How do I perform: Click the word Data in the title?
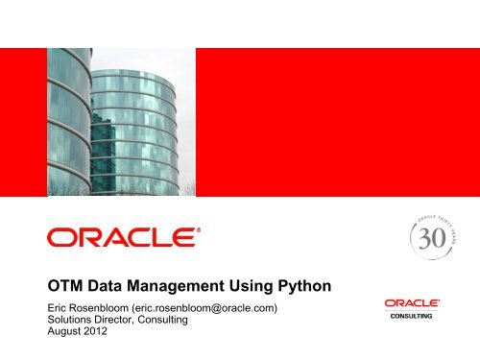110,283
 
